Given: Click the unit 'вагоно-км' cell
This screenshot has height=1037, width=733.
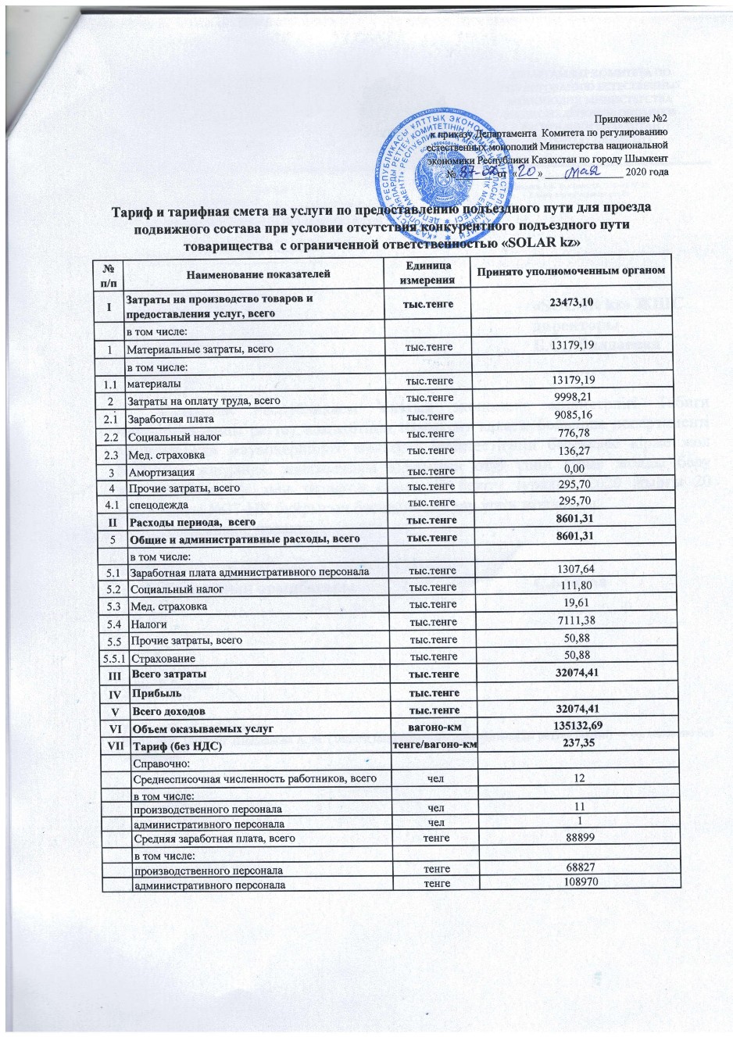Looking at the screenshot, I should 428,728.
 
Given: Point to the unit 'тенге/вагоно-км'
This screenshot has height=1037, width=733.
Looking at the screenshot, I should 428,743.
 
